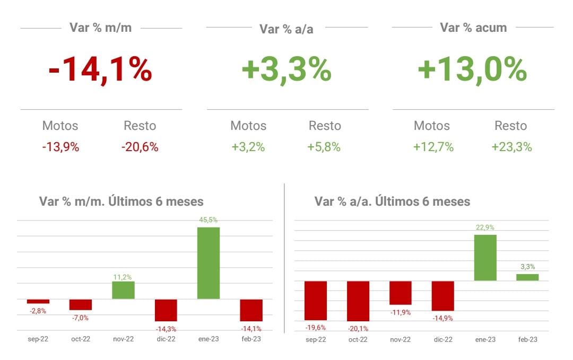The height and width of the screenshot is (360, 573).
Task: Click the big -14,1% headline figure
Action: (x=100, y=71)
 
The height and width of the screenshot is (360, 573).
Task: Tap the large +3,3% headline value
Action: (x=286, y=71)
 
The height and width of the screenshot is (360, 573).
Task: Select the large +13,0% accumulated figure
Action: (x=472, y=71)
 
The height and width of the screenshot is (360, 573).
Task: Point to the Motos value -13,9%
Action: (x=60, y=147)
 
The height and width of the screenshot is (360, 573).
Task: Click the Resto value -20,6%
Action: (x=140, y=147)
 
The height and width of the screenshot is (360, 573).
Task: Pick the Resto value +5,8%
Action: (x=324, y=147)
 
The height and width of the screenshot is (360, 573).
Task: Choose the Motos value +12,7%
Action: (x=433, y=147)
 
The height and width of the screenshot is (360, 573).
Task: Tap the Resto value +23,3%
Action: (x=511, y=147)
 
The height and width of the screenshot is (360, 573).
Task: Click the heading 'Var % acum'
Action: (x=473, y=28)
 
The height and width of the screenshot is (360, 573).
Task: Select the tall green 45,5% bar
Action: (x=209, y=263)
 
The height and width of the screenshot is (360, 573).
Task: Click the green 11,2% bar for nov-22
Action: (x=123, y=290)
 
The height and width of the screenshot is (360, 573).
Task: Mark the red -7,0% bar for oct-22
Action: (x=81, y=304)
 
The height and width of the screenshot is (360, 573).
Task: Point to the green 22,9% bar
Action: (x=485, y=258)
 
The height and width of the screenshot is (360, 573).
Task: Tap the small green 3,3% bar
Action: (x=527, y=277)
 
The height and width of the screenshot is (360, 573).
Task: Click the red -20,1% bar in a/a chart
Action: (x=358, y=301)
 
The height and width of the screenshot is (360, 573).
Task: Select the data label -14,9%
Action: (x=442, y=319)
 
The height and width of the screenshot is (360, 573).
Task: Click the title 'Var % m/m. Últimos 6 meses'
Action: (x=121, y=201)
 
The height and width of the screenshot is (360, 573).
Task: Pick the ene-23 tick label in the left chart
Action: (x=209, y=339)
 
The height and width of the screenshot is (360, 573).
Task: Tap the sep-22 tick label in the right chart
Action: (x=315, y=339)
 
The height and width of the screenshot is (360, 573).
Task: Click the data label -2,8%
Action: (x=38, y=311)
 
